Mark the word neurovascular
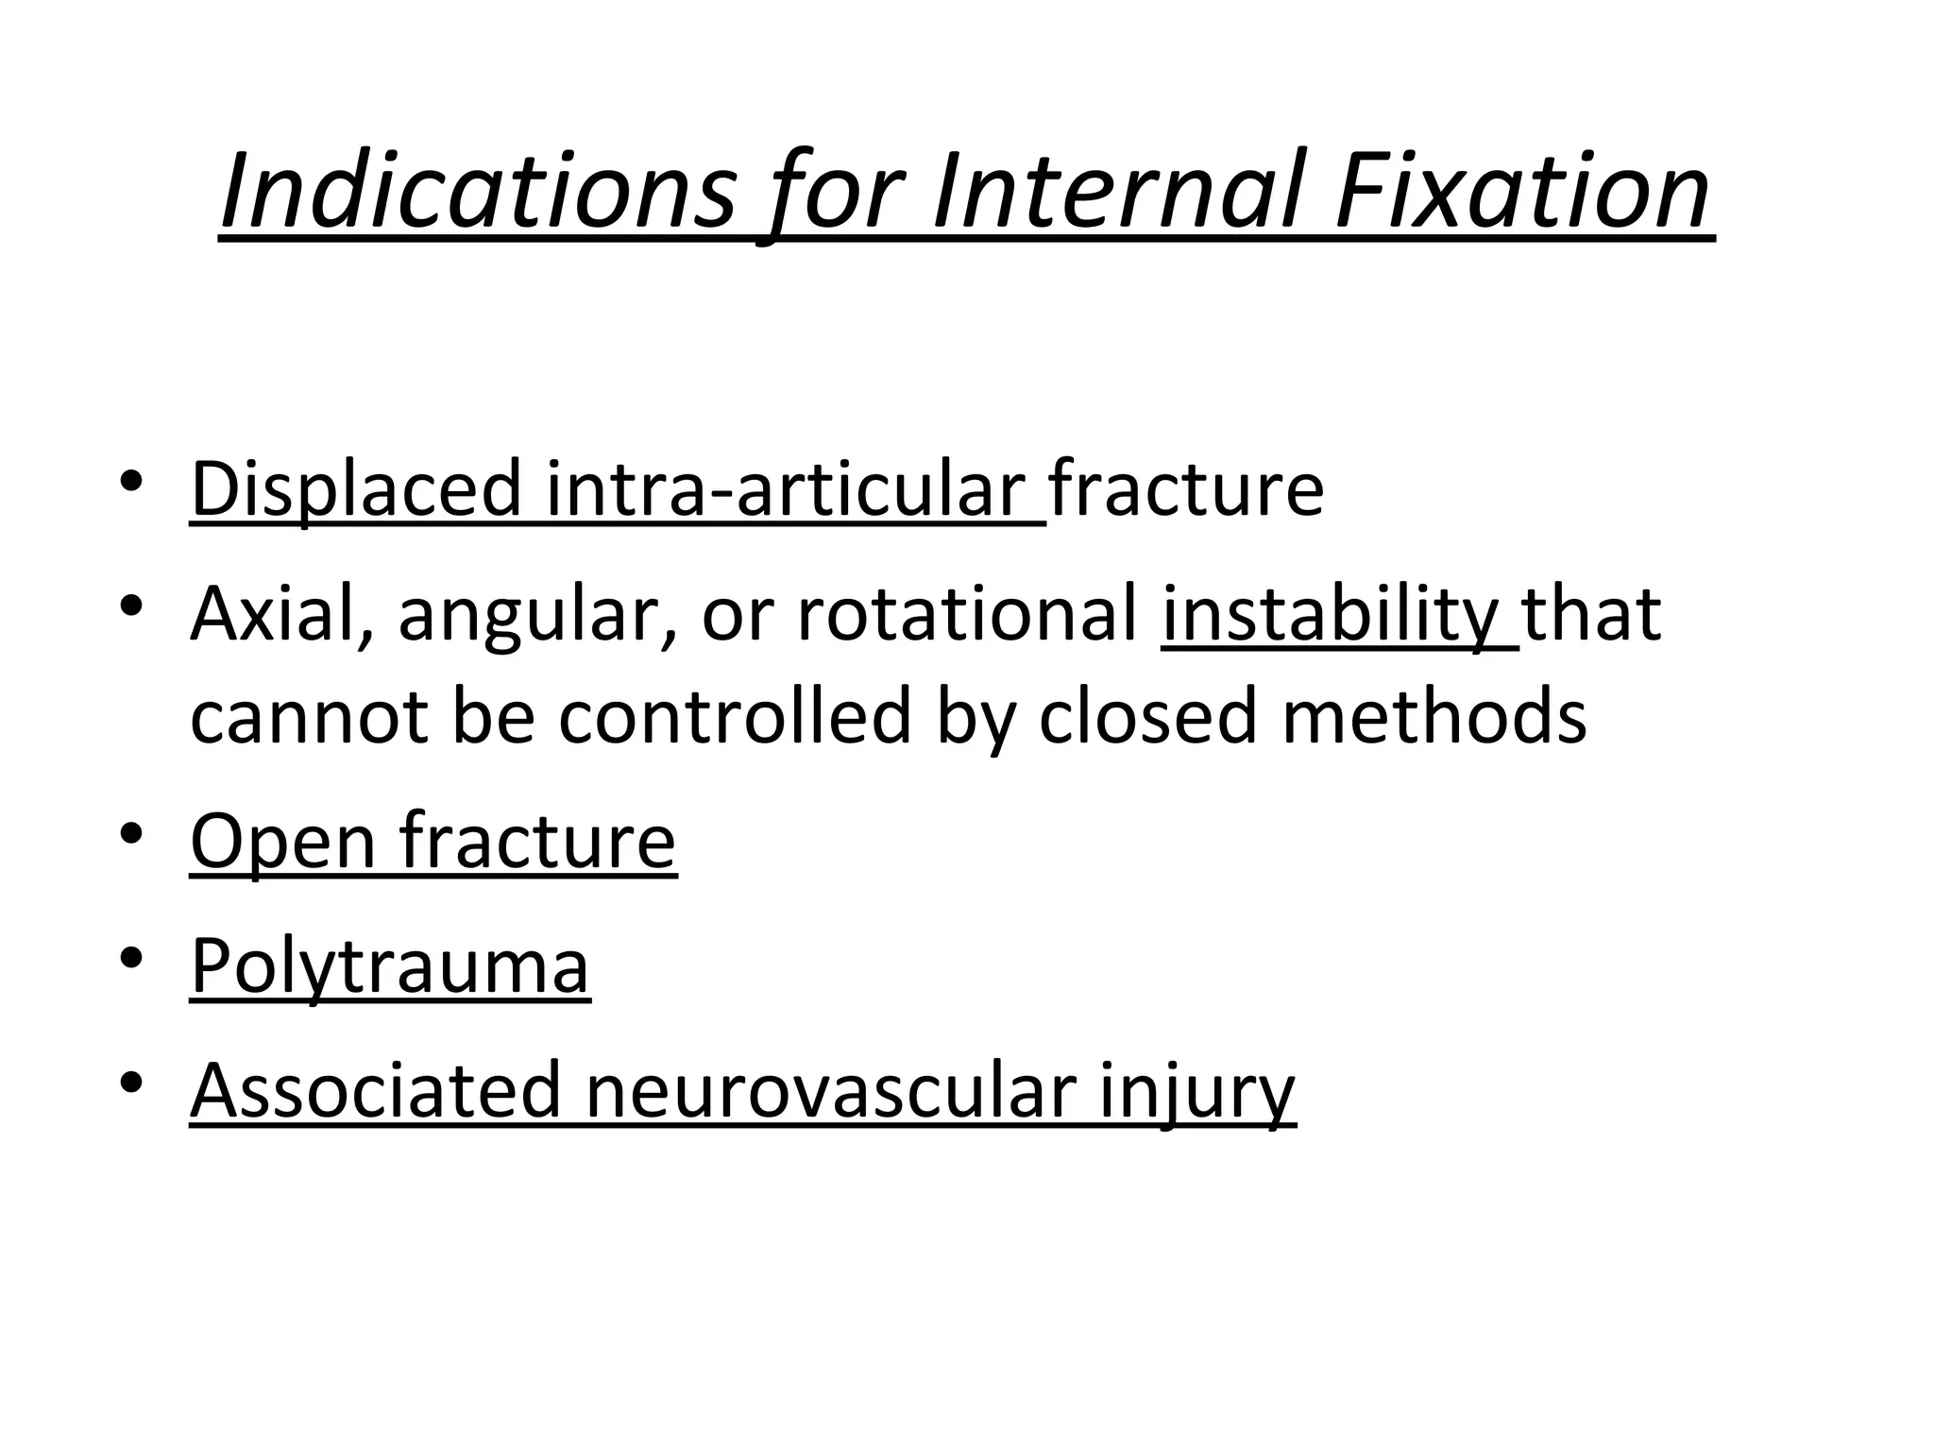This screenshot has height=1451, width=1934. coord(831,1091)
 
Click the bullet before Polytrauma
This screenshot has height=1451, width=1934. coord(132,957)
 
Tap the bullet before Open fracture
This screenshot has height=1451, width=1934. coord(132,832)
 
